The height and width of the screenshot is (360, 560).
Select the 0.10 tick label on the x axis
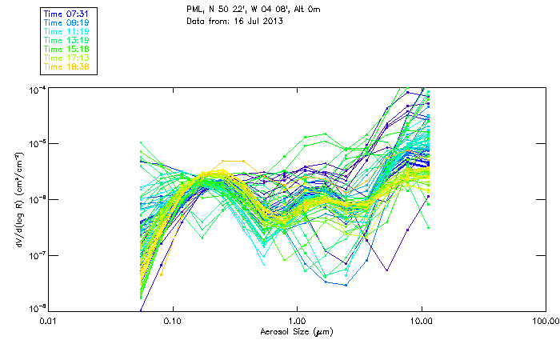(173, 322)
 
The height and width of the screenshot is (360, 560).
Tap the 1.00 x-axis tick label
(297, 322)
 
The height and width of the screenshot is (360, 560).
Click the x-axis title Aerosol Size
(297, 331)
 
